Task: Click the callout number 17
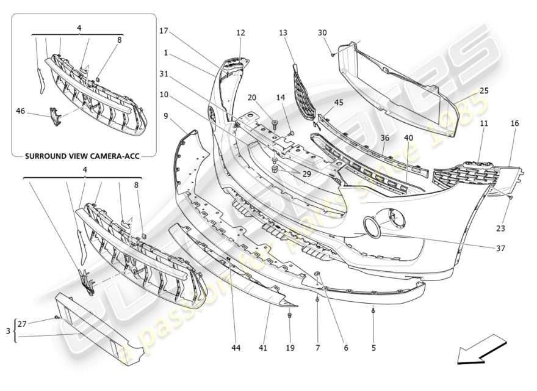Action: coord(164,31)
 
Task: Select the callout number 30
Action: coord(322,32)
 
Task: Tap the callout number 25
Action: coord(484,90)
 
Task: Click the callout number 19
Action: coord(290,348)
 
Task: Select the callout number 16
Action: coord(514,123)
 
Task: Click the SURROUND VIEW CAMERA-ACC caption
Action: coord(82,156)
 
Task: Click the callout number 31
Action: coord(164,74)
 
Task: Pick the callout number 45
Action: coord(339,103)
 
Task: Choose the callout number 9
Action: coord(166,115)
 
